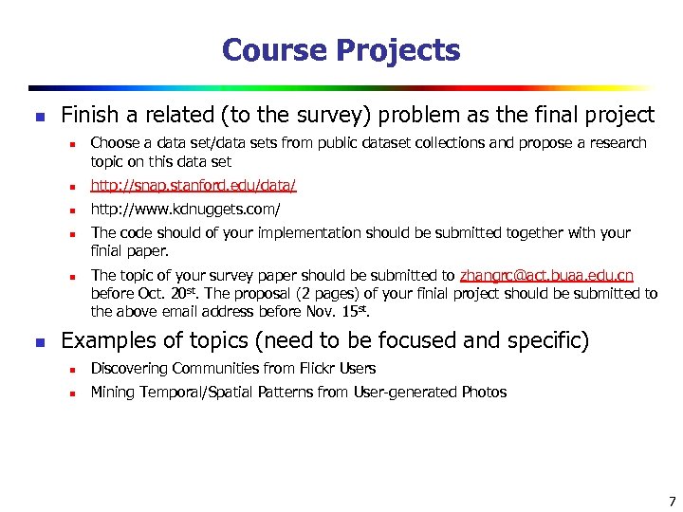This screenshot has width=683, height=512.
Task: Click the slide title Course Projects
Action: click(341, 50)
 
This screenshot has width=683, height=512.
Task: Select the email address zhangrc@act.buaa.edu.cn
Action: click(546, 276)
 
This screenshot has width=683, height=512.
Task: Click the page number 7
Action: click(672, 502)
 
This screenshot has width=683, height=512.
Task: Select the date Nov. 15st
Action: click(338, 311)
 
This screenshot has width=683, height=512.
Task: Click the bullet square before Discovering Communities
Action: click(70, 370)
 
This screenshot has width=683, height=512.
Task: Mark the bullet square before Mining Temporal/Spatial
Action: click(70, 393)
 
